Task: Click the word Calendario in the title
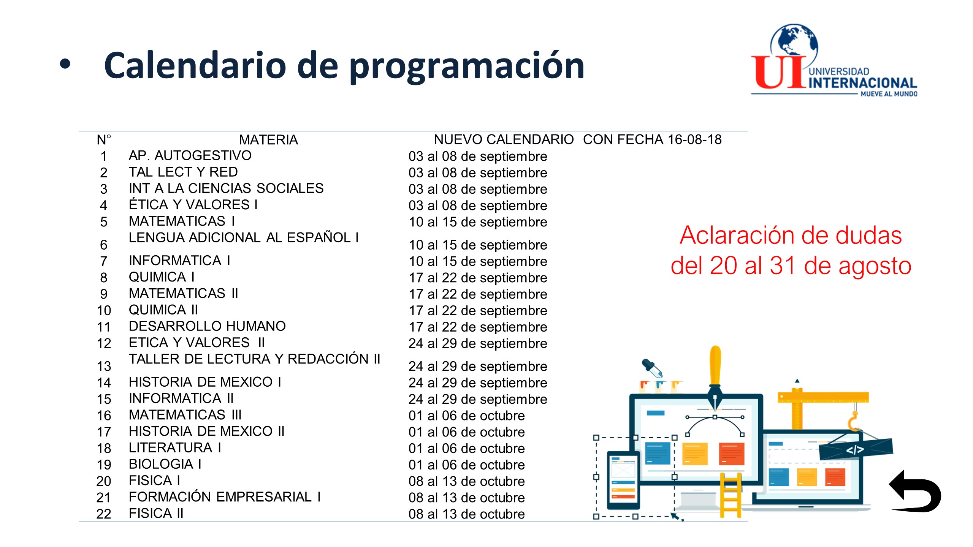(195, 65)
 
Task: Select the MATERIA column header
(268, 140)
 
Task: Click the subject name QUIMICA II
(163, 310)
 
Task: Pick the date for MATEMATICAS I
(478, 222)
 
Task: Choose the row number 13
(104, 366)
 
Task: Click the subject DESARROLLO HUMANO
(207, 326)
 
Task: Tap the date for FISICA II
(466, 514)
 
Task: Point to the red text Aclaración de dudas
(791, 236)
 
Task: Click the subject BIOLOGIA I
(165, 464)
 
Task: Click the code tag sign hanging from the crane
(856, 450)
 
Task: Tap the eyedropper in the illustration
(652, 368)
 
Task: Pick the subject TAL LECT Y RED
(183, 172)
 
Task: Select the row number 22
(104, 514)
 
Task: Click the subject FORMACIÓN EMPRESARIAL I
(225, 497)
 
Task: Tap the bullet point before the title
(65, 64)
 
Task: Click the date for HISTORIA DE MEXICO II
(466, 432)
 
